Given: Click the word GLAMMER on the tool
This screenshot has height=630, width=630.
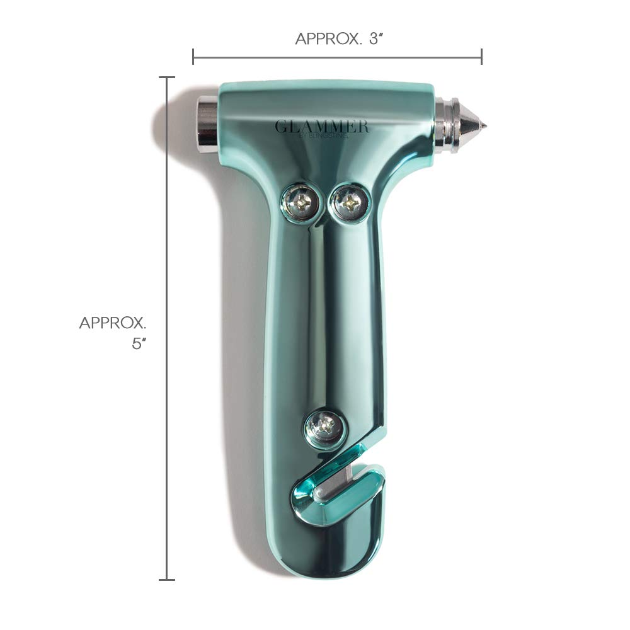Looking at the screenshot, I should coord(321,126).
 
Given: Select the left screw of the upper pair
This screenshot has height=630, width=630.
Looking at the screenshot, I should coord(300,202).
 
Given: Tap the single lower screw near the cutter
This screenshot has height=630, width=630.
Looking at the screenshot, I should coord(324,428).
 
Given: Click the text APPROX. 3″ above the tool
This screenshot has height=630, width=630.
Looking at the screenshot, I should coord(340,38).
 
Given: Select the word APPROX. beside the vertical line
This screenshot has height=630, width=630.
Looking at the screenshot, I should coord(113,323).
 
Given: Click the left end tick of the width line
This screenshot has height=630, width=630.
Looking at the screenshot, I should coord(193,57).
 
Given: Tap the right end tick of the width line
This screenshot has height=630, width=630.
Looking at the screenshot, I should coord(481,57).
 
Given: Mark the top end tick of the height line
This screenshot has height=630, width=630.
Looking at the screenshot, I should coord(166,77).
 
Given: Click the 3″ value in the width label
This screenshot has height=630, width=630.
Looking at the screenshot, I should coord(375,38).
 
